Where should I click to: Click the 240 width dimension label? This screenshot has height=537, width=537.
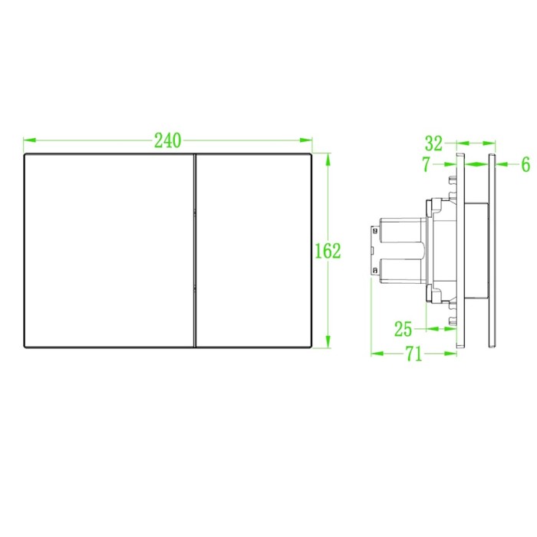167,140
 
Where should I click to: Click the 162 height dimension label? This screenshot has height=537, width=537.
328,251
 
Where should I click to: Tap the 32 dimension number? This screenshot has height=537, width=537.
433,143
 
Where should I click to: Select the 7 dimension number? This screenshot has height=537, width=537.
426,164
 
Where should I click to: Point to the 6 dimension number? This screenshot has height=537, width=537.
525,165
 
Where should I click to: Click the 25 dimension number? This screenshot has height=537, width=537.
403,329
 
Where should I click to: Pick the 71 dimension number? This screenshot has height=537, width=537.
414,354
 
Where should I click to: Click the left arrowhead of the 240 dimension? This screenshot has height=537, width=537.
29,140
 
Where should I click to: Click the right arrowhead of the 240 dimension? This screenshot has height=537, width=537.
306,140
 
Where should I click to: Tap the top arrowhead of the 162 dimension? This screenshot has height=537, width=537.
328,160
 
